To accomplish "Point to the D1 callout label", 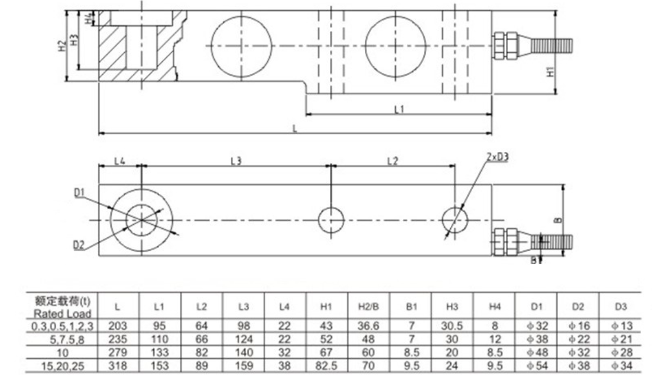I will coord(79,192).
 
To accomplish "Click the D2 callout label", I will coord(79,244).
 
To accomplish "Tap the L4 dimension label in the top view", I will coord(120,161).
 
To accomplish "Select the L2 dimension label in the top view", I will coord(392,161).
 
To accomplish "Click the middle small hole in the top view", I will coord(331,219).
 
